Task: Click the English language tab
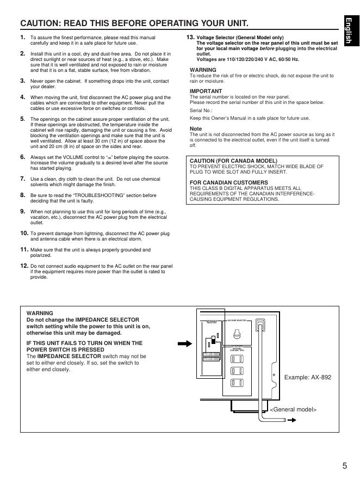pyautogui.click(x=349, y=33)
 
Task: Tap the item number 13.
pyautogui.click(x=190, y=37)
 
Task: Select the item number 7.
pyautogui.click(x=23, y=179)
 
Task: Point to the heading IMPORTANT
pyautogui.click(x=206, y=91)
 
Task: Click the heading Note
pyautogui.click(x=196, y=129)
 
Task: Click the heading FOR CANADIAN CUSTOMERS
pyautogui.click(x=228, y=182)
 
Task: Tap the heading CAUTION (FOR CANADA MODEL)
pyautogui.click(x=233, y=161)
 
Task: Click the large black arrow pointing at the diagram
pyautogui.click(x=185, y=343)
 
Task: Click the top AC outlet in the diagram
pyautogui.click(x=235, y=359)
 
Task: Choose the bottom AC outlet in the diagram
pyautogui.click(x=235, y=383)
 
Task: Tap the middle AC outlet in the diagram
pyautogui.click(x=235, y=371)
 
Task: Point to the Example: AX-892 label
pyautogui.click(x=308, y=377)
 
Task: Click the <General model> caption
pyautogui.click(x=293, y=409)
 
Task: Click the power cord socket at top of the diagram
pyautogui.click(x=259, y=327)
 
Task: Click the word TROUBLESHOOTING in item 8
pyautogui.click(x=89, y=195)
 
